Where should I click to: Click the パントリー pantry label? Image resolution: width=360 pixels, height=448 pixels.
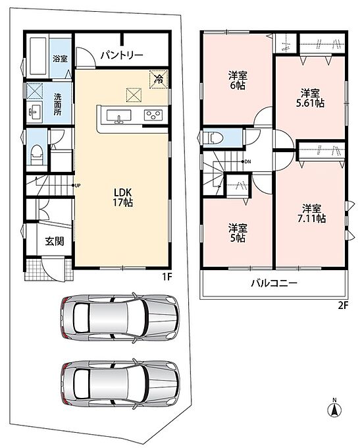(x=122, y=55)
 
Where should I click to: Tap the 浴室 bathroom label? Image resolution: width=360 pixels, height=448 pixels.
(x=60, y=59)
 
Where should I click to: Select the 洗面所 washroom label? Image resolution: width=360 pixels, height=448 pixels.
(x=57, y=103)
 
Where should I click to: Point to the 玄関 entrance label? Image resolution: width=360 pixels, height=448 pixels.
(x=55, y=242)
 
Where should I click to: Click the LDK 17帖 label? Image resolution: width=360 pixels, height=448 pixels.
(x=123, y=197)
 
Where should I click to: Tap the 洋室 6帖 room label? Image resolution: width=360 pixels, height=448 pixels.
(x=238, y=80)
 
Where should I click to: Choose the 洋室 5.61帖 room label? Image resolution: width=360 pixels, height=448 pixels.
(x=310, y=98)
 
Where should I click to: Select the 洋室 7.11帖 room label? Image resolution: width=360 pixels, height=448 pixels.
(x=311, y=213)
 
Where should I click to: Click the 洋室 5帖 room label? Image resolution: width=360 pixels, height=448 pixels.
(x=238, y=233)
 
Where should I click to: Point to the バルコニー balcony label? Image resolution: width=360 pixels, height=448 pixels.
(x=274, y=283)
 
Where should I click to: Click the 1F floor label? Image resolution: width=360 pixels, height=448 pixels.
(x=167, y=277)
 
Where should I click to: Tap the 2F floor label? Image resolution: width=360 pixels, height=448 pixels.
(x=344, y=306)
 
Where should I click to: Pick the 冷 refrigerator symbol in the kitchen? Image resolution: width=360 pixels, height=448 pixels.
(x=158, y=79)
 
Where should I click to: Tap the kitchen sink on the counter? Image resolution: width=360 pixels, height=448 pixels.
(x=118, y=117)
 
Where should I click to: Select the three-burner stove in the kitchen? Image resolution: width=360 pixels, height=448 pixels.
(x=153, y=115)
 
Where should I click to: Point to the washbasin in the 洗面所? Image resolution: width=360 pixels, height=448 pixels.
(x=34, y=111)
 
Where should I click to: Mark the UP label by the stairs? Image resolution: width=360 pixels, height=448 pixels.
(x=78, y=186)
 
